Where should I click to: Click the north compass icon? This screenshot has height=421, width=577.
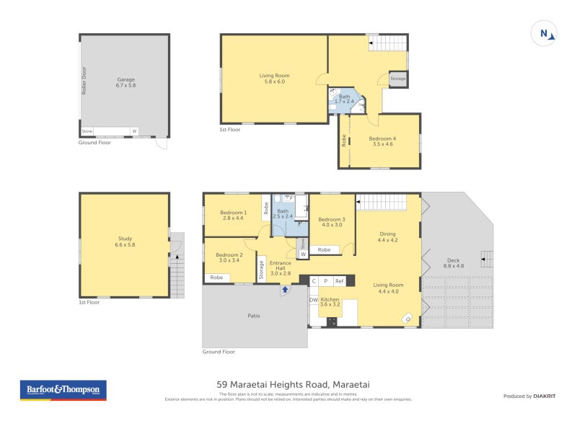544,33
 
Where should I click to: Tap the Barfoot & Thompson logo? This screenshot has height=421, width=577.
62,390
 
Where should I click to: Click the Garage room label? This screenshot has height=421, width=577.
125,82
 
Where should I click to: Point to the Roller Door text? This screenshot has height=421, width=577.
84,81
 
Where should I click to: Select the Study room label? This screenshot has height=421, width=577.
125,241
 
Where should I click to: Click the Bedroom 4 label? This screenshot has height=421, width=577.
383,141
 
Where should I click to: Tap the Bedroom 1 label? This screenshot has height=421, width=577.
233,216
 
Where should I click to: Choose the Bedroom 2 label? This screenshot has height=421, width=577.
229,258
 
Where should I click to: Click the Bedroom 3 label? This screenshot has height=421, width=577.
332,222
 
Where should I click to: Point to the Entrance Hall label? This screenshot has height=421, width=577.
280,267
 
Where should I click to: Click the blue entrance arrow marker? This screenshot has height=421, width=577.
285,290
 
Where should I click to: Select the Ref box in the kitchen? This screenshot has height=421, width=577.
339,281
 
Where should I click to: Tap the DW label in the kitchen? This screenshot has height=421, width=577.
314,300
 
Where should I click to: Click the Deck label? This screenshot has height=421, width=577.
453,263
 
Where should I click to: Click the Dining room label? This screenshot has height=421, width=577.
387,236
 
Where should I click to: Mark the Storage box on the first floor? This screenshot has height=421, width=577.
398,79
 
